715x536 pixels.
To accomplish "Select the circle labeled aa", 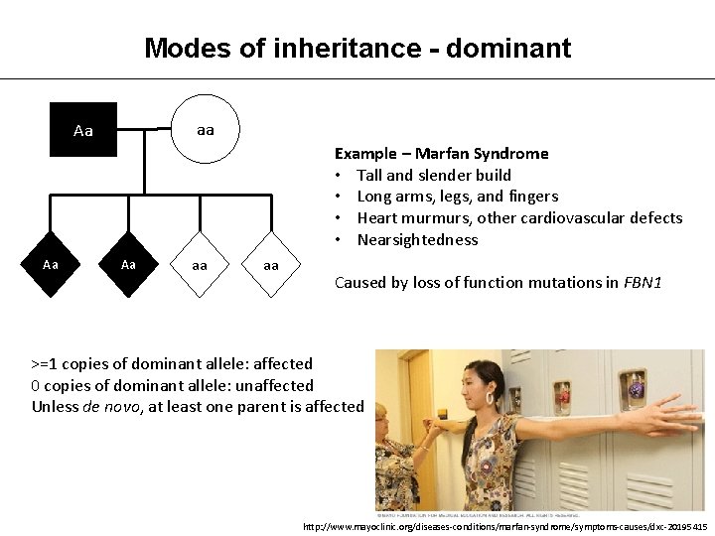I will [x=205, y=129].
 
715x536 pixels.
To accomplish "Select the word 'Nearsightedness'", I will [x=417, y=239].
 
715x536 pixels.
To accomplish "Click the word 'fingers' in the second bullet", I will [x=532, y=197].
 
